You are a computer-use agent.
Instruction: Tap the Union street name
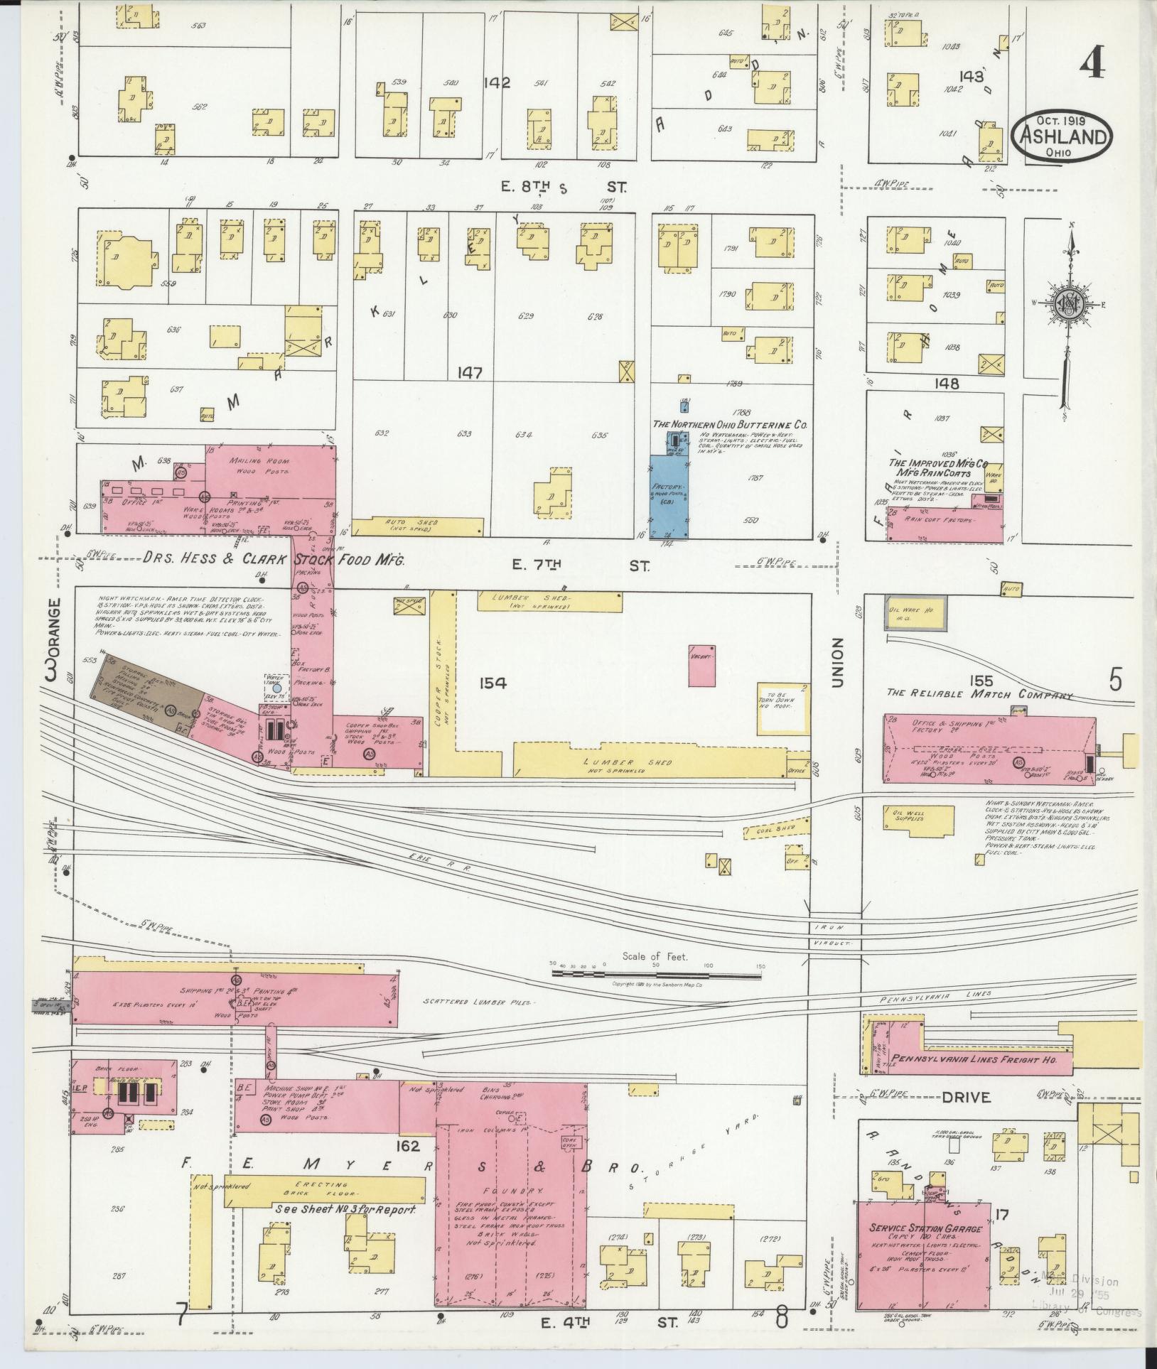837,662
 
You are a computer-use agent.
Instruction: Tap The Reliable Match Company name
979,693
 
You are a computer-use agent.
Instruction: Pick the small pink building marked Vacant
701,666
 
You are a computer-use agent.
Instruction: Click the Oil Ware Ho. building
915,612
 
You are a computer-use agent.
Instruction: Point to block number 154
492,683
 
